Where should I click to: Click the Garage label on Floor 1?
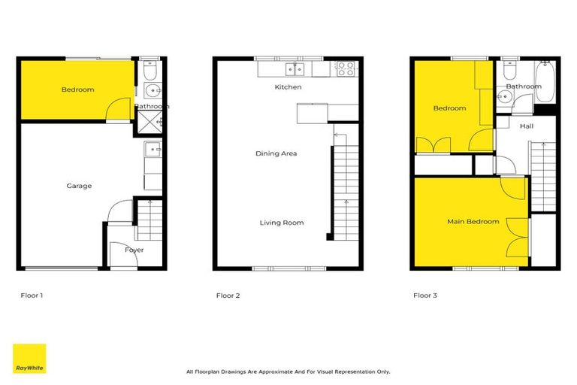(78, 186)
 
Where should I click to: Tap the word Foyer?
(134, 250)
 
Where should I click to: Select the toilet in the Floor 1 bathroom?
(150, 73)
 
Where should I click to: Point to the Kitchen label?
(288, 87)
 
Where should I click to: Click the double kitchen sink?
(295, 69)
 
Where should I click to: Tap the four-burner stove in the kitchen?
(344, 68)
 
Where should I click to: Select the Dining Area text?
(277, 153)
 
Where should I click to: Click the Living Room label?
(282, 223)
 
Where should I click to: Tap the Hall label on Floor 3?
(526, 126)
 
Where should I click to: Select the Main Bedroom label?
(473, 221)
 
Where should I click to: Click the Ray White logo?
(29, 359)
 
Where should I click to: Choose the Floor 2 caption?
(228, 296)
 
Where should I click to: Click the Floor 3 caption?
(425, 296)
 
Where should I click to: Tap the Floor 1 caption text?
(32, 296)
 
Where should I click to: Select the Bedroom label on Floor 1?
(77, 89)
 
